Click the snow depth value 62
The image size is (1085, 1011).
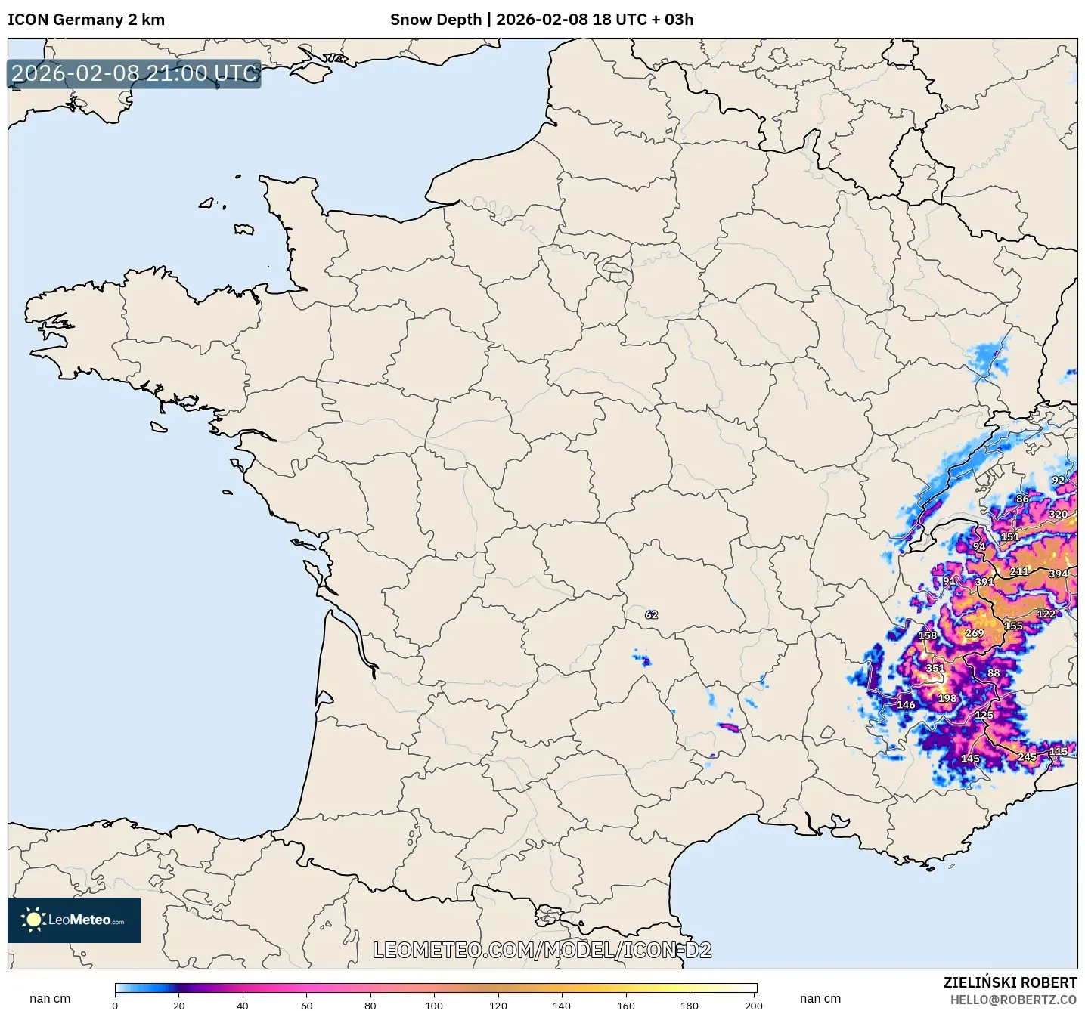651,614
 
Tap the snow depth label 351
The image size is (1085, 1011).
935,668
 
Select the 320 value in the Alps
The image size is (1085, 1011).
1058,514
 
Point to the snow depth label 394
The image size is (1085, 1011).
1058,574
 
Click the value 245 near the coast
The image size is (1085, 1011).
1027,756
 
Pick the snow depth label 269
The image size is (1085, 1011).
975,633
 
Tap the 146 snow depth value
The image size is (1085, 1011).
906,704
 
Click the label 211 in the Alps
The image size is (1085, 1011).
1019,571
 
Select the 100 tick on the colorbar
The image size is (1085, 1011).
434,1005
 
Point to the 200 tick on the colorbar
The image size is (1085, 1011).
753,1005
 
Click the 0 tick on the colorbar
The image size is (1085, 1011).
115,1005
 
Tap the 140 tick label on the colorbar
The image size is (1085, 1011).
562,1005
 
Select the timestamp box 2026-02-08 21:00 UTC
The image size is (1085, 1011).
134,73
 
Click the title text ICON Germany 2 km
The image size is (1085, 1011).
86,20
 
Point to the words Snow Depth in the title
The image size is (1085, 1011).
436,20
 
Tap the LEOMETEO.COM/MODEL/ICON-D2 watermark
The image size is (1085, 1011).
542,950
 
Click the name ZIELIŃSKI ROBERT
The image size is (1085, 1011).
1009,982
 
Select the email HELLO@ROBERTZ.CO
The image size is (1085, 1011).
1013,1000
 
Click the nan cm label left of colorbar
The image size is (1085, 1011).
50,999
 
